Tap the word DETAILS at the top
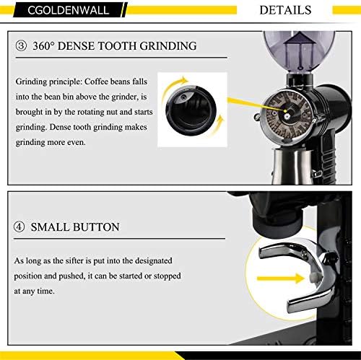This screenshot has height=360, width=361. tap(285, 10)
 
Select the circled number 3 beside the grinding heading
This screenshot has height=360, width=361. tap(22, 46)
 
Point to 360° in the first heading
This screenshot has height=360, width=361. tap(45, 46)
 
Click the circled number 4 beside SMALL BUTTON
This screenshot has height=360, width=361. tap(22, 227)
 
